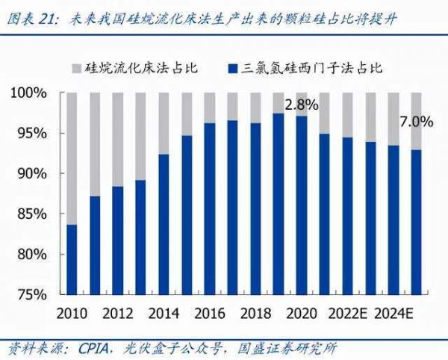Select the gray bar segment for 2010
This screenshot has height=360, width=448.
point(72,158)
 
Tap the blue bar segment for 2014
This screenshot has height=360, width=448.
point(164,224)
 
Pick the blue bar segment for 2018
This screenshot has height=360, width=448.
point(255,208)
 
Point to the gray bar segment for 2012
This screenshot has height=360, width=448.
point(118,139)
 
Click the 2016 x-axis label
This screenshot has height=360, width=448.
point(210,312)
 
